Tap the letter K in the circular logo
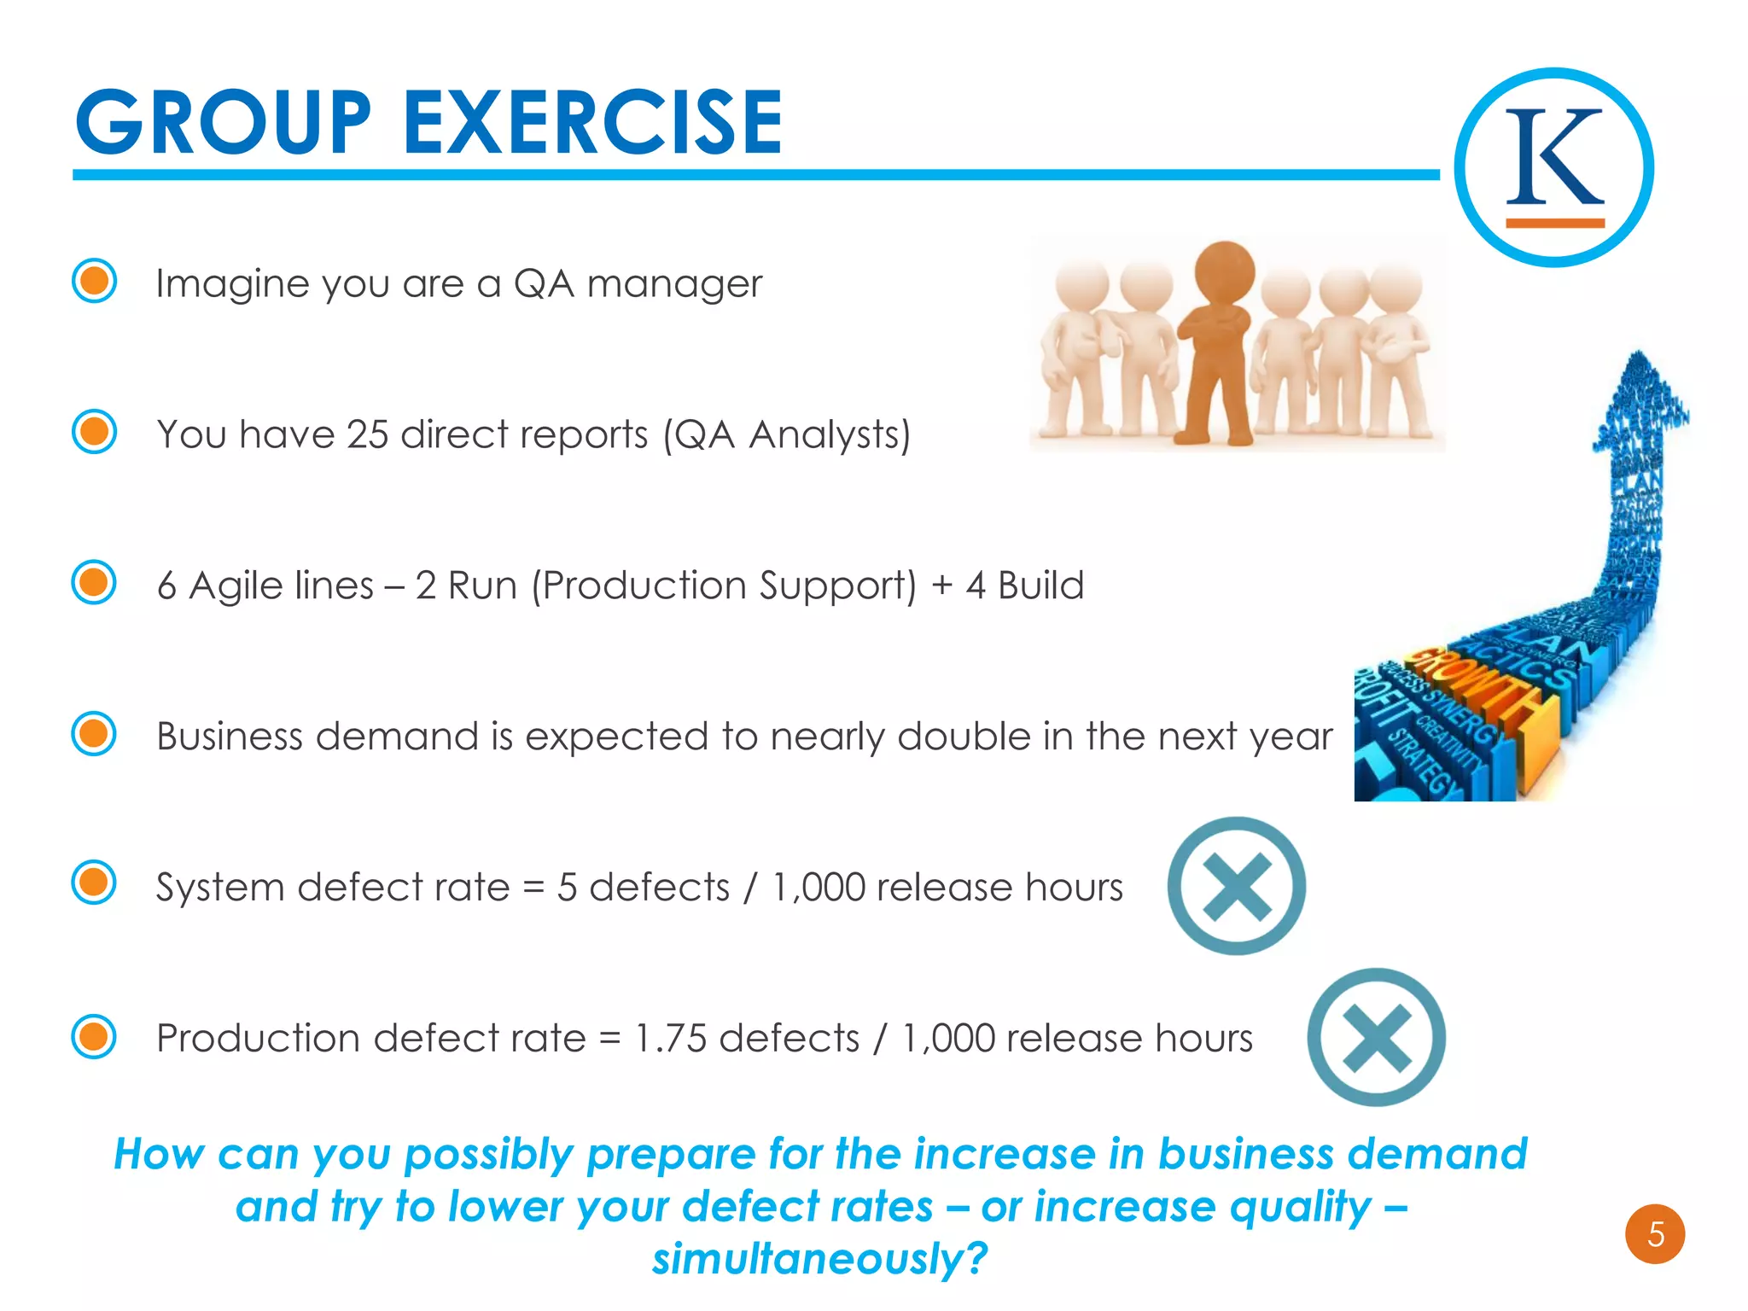(x=1554, y=157)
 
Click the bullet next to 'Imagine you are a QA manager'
(x=94, y=281)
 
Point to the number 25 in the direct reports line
(x=367, y=434)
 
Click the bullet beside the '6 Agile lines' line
(x=94, y=583)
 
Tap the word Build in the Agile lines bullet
(x=1040, y=586)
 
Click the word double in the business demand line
(x=964, y=737)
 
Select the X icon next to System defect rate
(x=1236, y=886)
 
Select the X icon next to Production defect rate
(x=1376, y=1037)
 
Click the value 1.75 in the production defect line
(x=671, y=1039)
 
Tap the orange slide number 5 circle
(x=1654, y=1234)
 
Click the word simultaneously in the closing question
(x=819, y=1259)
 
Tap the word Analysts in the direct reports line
(x=828, y=434)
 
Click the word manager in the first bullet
(x=674, y=284)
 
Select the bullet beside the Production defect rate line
(x=94, y=1036)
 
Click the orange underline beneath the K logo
(x=1554, y=223)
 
